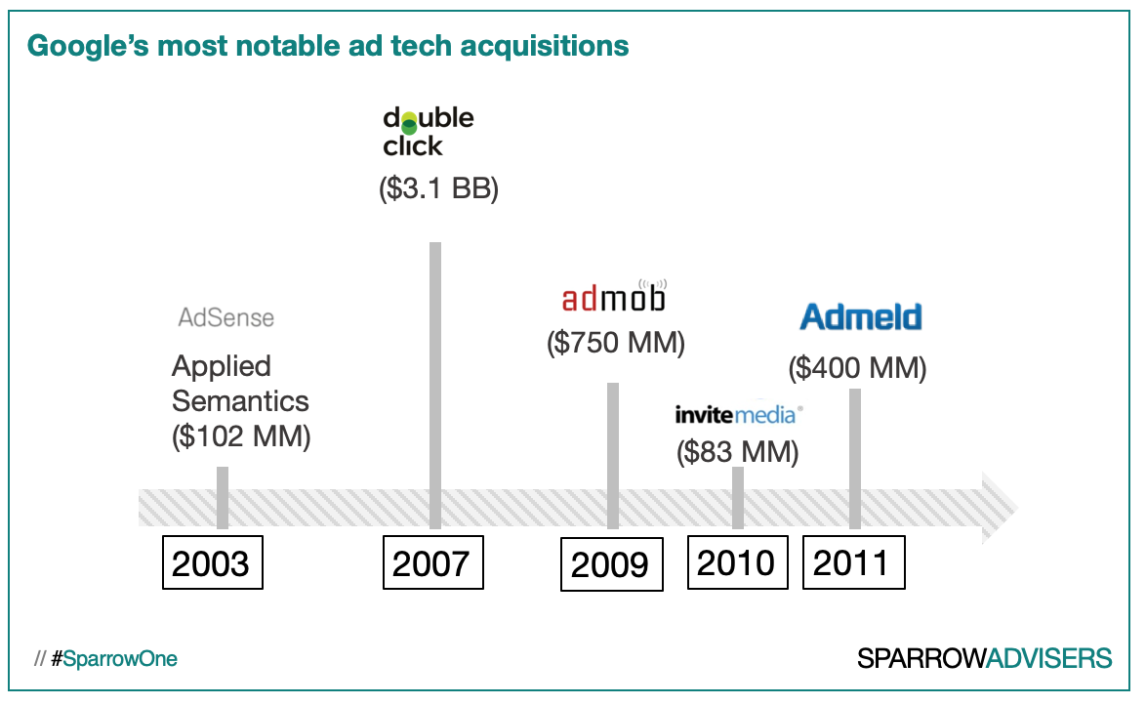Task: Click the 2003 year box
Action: [x=211, y=562]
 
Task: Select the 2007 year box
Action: [x=431, y=562]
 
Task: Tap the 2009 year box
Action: [x=610, y=564]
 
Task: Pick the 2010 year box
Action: [x=737, y=561]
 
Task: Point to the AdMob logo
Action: [x=614, y=295]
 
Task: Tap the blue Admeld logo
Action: [x=860, y=316]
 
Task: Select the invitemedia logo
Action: [x=738, y=415]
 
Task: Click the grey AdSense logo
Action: [x=225, y=317]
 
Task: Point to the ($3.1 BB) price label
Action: [x=438, y=188]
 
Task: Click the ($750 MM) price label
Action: [x=615, y=343]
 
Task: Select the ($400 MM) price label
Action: [x=857, y=368]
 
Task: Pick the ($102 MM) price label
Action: [x=241, y=436]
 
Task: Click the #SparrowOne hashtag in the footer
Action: [x=114, y=659]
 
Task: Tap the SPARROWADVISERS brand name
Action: [x=984, y=658]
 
